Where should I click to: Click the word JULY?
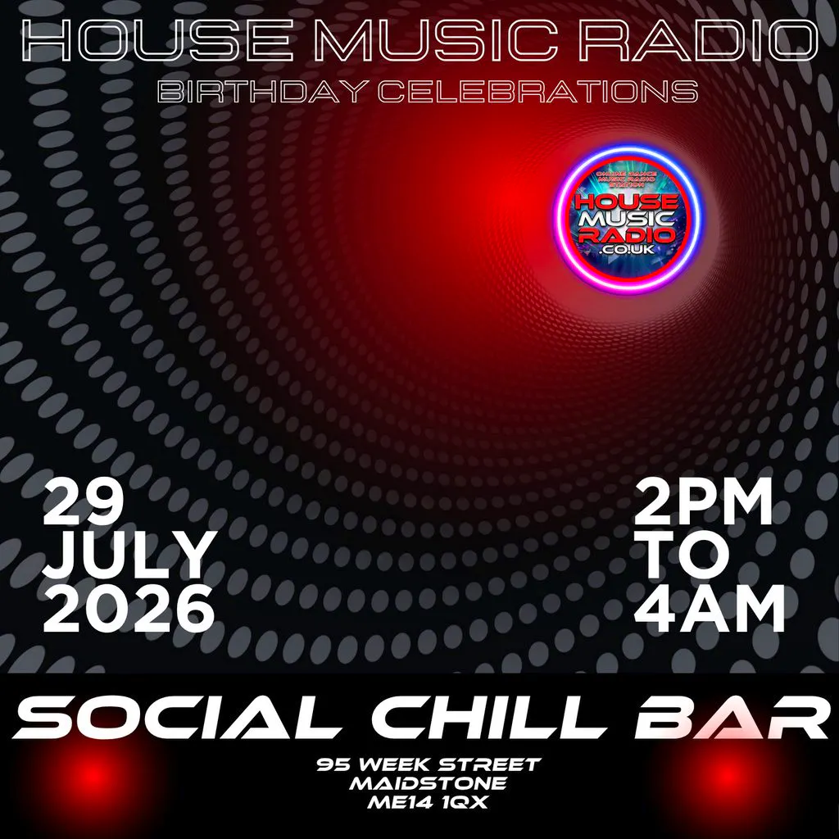tap(129, 556)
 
